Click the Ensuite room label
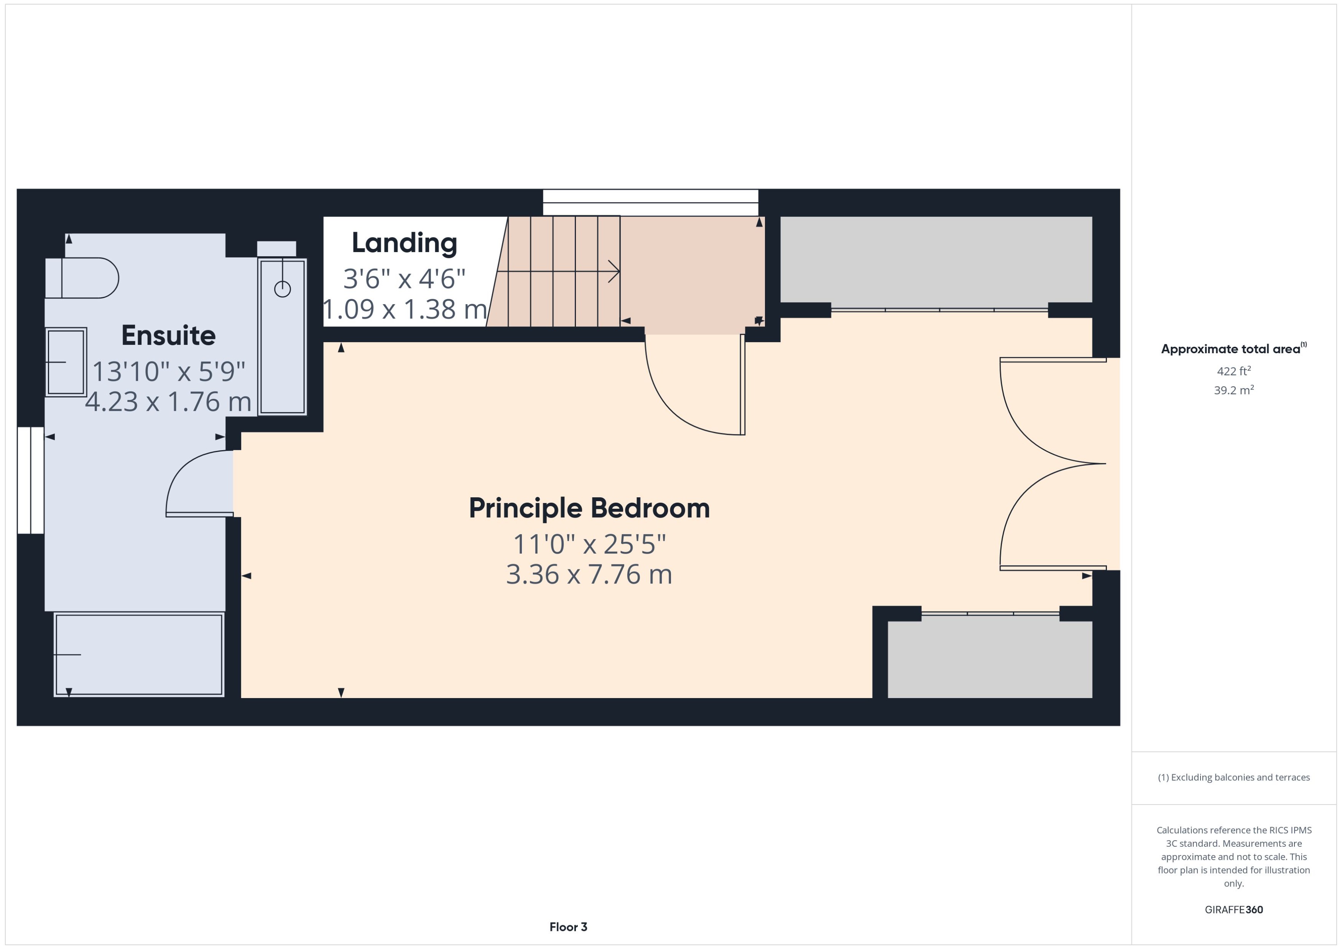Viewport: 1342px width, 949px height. (168, 335)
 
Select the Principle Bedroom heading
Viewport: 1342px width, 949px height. (589, 508)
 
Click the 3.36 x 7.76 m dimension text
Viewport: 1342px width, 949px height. (589, 574)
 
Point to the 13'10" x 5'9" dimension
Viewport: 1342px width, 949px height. (168, 371)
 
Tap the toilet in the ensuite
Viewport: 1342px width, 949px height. (82, 278)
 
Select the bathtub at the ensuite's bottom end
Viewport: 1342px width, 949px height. (138, 654)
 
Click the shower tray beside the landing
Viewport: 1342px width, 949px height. (283, 337)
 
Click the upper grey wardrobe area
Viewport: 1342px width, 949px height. (936, 259)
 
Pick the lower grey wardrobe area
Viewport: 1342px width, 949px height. (989, 659)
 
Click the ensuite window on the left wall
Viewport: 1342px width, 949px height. (30, 480)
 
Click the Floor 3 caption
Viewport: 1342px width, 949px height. (568, 927)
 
